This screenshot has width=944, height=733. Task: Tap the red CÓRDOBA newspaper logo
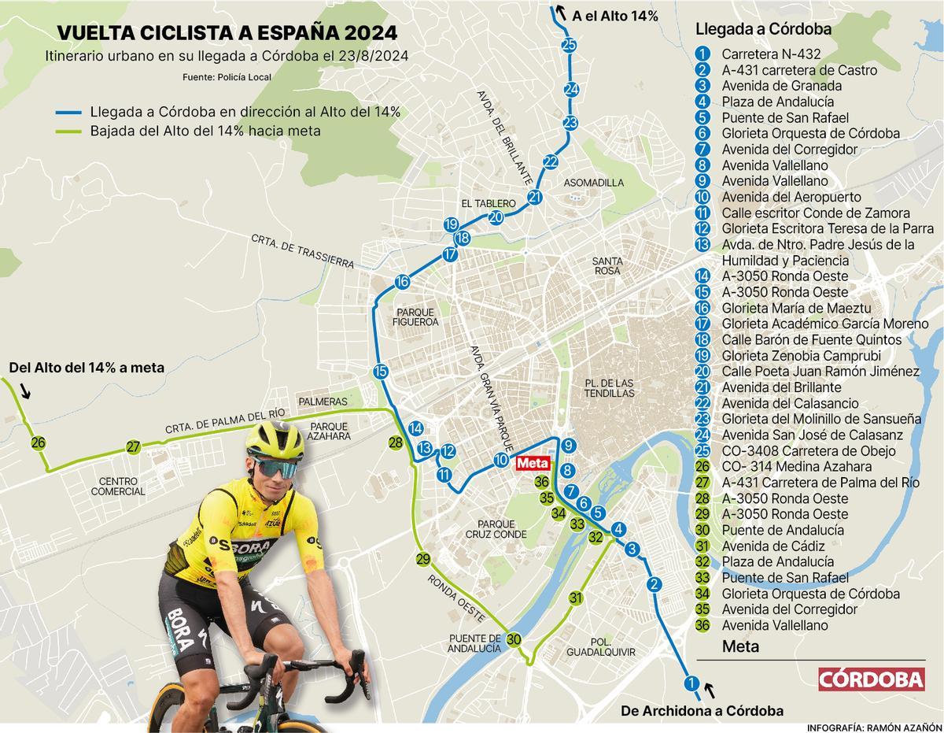871,679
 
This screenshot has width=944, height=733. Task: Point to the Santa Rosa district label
607,265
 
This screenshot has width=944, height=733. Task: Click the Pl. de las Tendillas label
610,387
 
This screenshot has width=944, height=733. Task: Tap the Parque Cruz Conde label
496,529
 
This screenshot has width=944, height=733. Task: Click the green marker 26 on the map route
38,442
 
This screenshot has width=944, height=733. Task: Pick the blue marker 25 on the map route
570,45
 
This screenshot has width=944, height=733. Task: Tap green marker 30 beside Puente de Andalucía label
514,639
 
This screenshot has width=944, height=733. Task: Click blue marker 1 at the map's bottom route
691,683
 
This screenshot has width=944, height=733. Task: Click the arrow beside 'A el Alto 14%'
560,12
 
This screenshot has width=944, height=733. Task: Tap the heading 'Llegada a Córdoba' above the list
752,29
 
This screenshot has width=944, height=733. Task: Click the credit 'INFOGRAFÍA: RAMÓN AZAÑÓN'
874,727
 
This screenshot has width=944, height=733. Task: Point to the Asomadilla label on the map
594,183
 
